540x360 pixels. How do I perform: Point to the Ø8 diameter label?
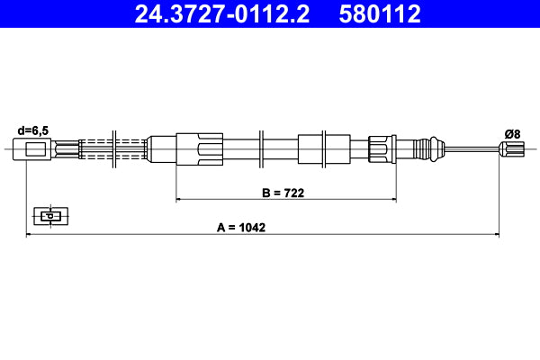coord(511,133)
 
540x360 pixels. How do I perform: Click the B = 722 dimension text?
coord(284,191)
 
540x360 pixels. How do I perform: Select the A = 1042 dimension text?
coord(240,228)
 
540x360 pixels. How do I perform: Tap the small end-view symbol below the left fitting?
coord(51,216)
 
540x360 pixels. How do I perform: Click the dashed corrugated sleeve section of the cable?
coord(113,148)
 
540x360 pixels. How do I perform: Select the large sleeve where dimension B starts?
coord(199,148)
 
